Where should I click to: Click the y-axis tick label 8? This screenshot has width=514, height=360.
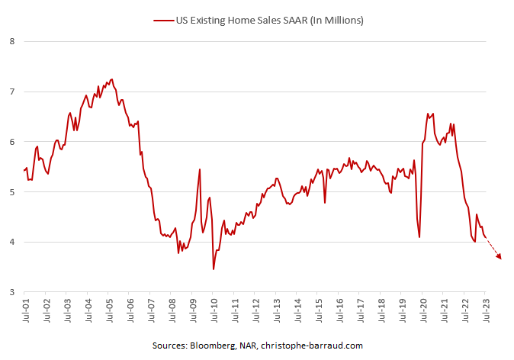(11, 41)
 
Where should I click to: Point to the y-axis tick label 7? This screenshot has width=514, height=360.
(11, 92)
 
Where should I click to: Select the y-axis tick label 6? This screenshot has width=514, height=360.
(11, 142)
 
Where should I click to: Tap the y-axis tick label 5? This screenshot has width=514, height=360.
(11, 192)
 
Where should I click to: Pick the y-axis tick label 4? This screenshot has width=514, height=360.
(11, 243)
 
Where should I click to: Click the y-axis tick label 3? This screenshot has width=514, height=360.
(11, 293)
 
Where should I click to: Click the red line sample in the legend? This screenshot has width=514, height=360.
(162, 21)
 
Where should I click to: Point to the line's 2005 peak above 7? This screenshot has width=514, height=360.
(112, 79)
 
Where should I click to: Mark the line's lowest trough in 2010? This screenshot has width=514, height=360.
(214, 269)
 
